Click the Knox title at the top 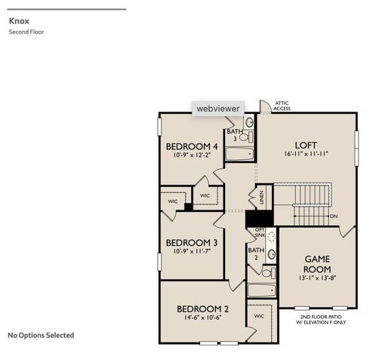coord(19,21)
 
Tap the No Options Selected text coord(41,335)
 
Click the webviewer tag coord(217,109)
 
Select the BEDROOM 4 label coord(193,146)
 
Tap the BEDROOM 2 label coord(202,309)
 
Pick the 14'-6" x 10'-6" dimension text coord(202,318)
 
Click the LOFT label coord(305,144)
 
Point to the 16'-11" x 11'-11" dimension coord(305,154)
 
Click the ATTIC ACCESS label coord(282,106)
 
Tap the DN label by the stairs coord(334,216)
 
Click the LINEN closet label coord(262,198)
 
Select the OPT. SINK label coord(260,233)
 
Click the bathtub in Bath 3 coord(241,155)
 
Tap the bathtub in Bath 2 coord(262,290)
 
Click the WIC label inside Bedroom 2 coord(257,316)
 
